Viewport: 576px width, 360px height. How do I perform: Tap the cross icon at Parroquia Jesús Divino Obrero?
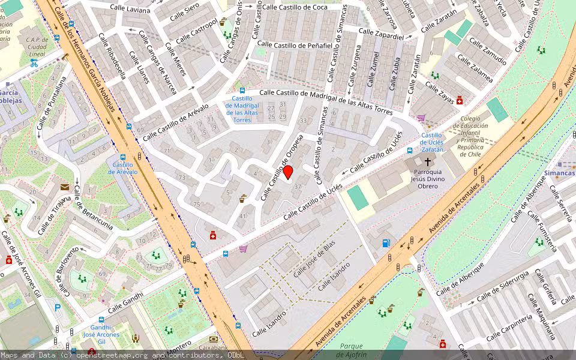coord(428,162)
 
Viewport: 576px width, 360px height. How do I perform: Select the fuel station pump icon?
coord(385,243)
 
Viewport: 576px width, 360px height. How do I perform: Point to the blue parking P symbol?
coord(58,308)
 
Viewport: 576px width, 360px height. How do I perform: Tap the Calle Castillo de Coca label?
coord(295,7)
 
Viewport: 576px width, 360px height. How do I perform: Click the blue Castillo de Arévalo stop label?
coord(122,168)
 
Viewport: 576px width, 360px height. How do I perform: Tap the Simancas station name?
coord(560,172)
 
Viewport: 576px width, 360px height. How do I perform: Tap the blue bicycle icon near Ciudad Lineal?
coord(34,62)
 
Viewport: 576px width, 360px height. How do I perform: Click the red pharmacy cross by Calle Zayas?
coord(460,101)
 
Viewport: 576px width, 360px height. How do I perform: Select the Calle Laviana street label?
coord(130,10)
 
